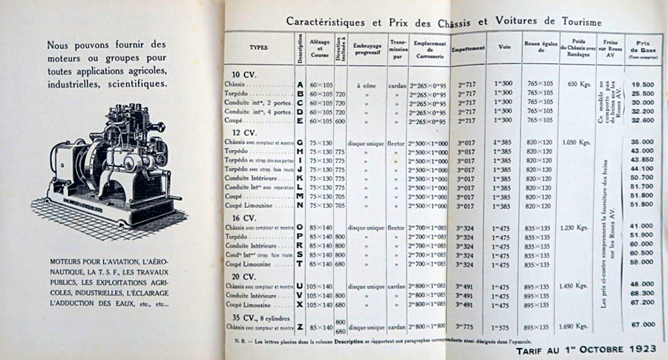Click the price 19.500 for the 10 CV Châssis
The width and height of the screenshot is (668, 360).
tap(643, 84)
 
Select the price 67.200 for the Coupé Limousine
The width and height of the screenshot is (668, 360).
tap(643, 303)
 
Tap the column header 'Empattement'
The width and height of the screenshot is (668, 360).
tap(468, 48)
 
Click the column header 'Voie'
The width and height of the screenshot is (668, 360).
tap(505, 48)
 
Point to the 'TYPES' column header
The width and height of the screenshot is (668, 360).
tap(259, 46)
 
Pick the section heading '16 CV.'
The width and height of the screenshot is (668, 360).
tap(244, 217)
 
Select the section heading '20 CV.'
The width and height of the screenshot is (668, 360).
tap(244, 275)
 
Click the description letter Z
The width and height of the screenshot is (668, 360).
tap(299, 327)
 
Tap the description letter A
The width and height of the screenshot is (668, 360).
tap(299, 85)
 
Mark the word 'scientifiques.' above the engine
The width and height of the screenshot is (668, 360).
tap(134, 83)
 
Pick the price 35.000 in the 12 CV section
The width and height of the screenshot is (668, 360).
tap(643, 141)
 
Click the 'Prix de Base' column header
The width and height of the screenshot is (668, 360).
tap(643, 45)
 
